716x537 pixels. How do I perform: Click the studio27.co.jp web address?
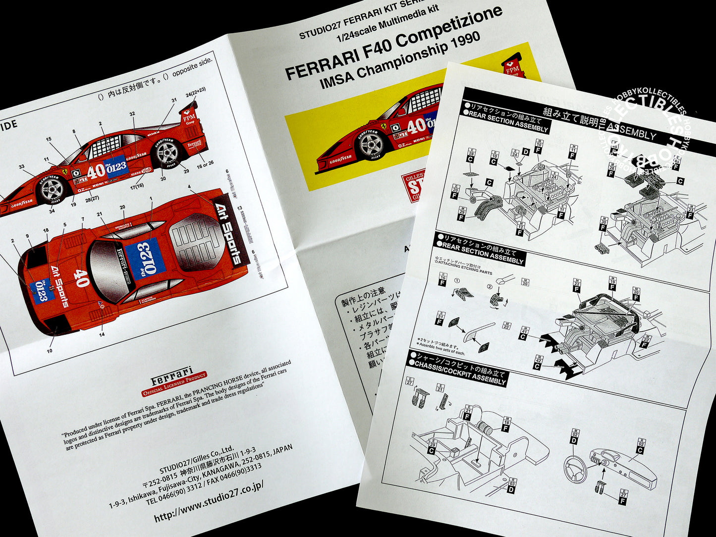[208, 501]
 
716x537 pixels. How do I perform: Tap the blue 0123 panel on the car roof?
[145, 258]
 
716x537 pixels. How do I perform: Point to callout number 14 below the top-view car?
[102, 334]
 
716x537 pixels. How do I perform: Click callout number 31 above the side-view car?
[174, 100]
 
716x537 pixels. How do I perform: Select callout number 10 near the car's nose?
[50, 351]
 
